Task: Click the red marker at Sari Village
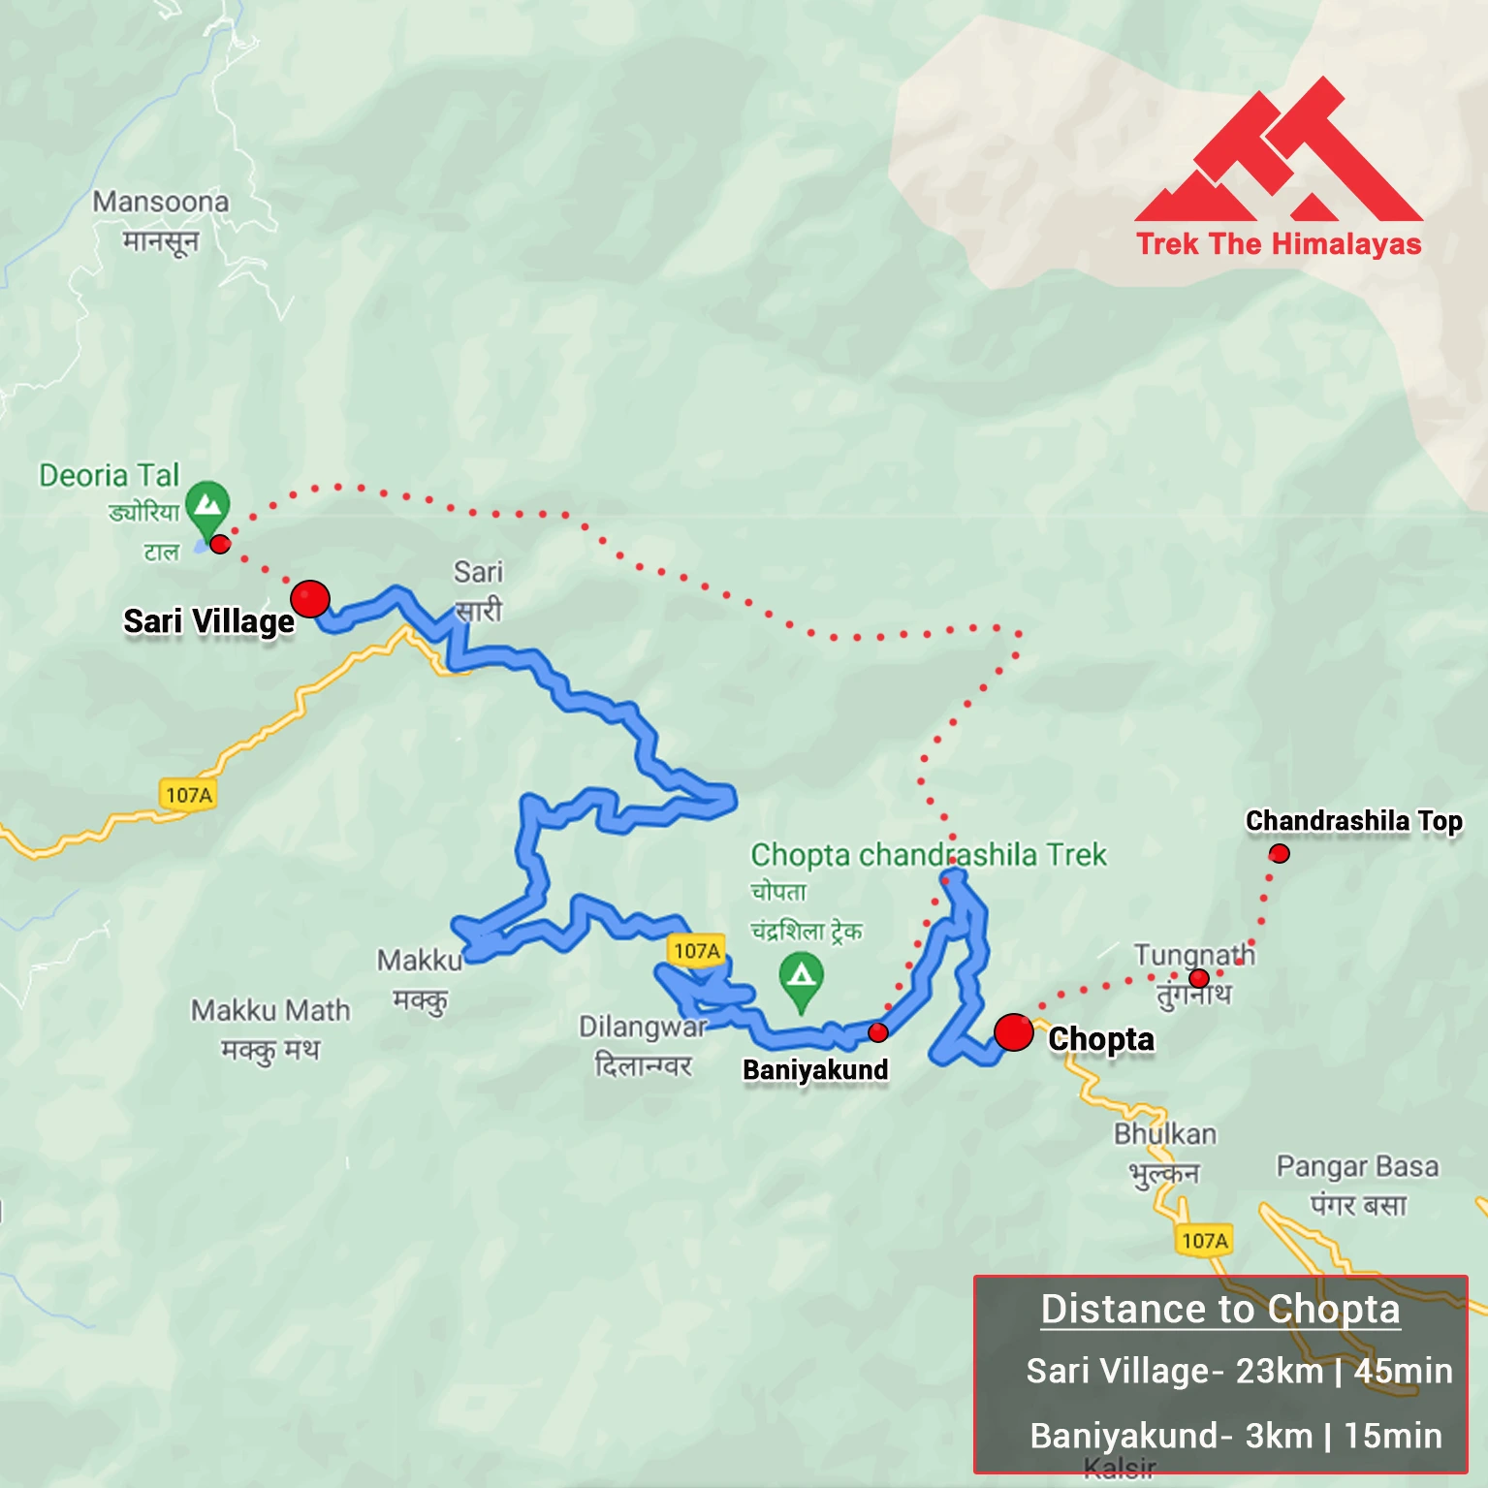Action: click(x=310, y=599)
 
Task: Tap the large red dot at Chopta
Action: click(x=1013, y=1032)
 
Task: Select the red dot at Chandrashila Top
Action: click(x=1280, y=853)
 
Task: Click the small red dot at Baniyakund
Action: click(x=878, y=1032)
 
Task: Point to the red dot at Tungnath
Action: click(x=1199, y=978)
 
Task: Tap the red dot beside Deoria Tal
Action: click(x=220, y=544)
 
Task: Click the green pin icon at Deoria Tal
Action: click(x=207, y=505)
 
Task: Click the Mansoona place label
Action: click(x=161, y=202)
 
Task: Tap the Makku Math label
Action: click(x=270, y=1010)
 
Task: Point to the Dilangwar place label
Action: click(x=644, y=1027)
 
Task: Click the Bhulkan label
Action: click(x=1165, y=1133)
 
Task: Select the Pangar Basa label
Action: click(x=1357, y=1165)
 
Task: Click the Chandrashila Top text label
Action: click(x=1353, y=821)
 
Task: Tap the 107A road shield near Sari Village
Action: click(x=188, y=795)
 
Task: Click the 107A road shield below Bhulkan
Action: click(x=1205, y=1240)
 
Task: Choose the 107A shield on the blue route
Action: click(x=697, y=951)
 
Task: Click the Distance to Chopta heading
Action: click(x=1220, y=1309)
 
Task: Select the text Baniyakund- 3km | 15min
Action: click(x=1236, y=1435)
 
